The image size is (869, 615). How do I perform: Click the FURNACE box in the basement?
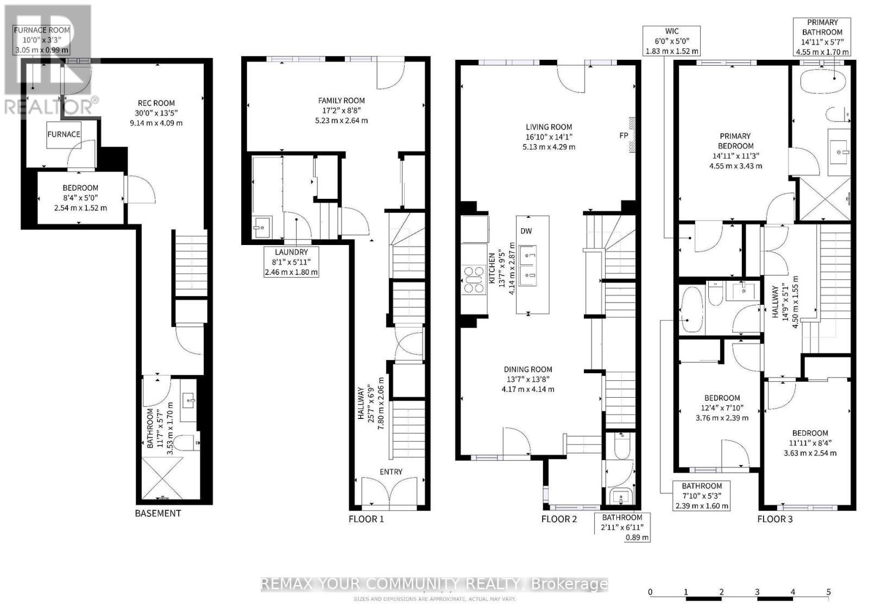pyautogui.click(x=64, y=134)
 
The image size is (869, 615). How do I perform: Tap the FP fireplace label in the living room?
pyautogui.click(x=624, y=135)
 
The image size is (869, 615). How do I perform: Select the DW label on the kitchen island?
pyautogui.click(x=526, y=231)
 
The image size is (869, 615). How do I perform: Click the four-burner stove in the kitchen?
pyautogui.click(x=473, y=279)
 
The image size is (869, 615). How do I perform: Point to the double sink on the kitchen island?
pyautogui.click(x=527, y=266)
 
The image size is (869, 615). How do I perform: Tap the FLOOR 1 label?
pyautogui.click(x=366, y=519)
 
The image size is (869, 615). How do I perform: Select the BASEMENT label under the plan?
pyautogui.click(x=158, y=513)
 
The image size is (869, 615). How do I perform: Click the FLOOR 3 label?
pyautogui.click(x=774, y=519)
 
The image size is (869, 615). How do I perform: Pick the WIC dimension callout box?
pyautogui.click(x=672, y=41)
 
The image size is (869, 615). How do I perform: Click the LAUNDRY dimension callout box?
pyautogui.click(x=291, y=262)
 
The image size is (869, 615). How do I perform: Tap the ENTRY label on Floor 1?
pyautogui.click(x=391, y=472)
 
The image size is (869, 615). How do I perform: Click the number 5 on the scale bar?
pyautogui.click(x=828, y=592)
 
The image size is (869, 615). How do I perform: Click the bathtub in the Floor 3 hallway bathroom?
pyautogui.click(x=691, y=309)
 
